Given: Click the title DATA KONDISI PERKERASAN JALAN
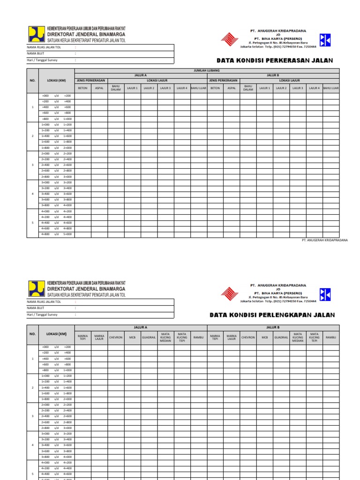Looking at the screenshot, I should point(274,60).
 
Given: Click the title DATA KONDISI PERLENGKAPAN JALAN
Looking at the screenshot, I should point(272,315).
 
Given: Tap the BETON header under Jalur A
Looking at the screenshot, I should point(82,88).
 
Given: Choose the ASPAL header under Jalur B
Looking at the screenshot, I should point(232,88).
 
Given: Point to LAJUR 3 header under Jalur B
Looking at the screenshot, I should point(298,88).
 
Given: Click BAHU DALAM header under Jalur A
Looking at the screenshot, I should point(116,88).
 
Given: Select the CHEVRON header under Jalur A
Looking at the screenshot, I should point(116,337).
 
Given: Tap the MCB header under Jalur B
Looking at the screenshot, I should point(265,337).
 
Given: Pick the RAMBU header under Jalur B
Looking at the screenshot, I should point(331,337).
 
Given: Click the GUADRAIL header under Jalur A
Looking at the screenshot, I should point(149,337).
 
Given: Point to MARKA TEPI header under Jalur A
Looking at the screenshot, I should point(83,337).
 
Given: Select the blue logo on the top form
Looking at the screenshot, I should point(325,40).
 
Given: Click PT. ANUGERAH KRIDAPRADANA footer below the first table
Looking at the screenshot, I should point(324,240).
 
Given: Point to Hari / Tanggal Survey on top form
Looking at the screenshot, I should point(42,60).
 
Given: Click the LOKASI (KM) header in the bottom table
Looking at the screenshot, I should point(56,334).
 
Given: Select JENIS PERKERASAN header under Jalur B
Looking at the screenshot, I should point(223,81).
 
